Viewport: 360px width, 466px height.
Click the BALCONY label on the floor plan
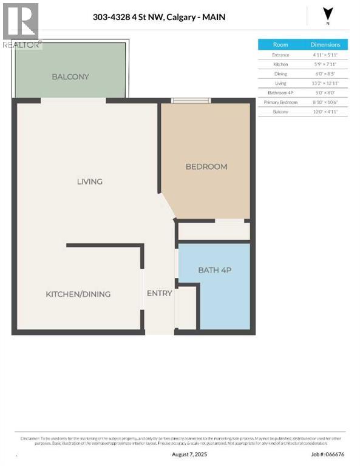coord(70,77)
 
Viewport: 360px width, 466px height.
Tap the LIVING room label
coord(89,181)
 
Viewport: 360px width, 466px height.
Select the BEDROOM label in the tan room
coord(206,166)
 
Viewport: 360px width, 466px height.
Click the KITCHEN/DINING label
coord(78,294)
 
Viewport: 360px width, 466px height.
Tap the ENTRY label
coord(160,294)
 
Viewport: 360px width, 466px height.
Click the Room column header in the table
coord(280,45)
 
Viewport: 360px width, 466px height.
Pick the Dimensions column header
coord(325,45)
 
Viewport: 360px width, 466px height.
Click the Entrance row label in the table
coord(280,55)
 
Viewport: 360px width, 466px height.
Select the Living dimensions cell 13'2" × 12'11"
coord(325,83)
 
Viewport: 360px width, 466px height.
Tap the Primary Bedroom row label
coord(280,102)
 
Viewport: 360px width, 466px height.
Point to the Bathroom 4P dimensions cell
coord(325,92)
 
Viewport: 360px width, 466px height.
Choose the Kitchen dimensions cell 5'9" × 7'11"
coord(325,64)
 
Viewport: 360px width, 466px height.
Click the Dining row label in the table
coord(280,73)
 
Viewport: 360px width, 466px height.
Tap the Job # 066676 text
coord(328,453)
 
